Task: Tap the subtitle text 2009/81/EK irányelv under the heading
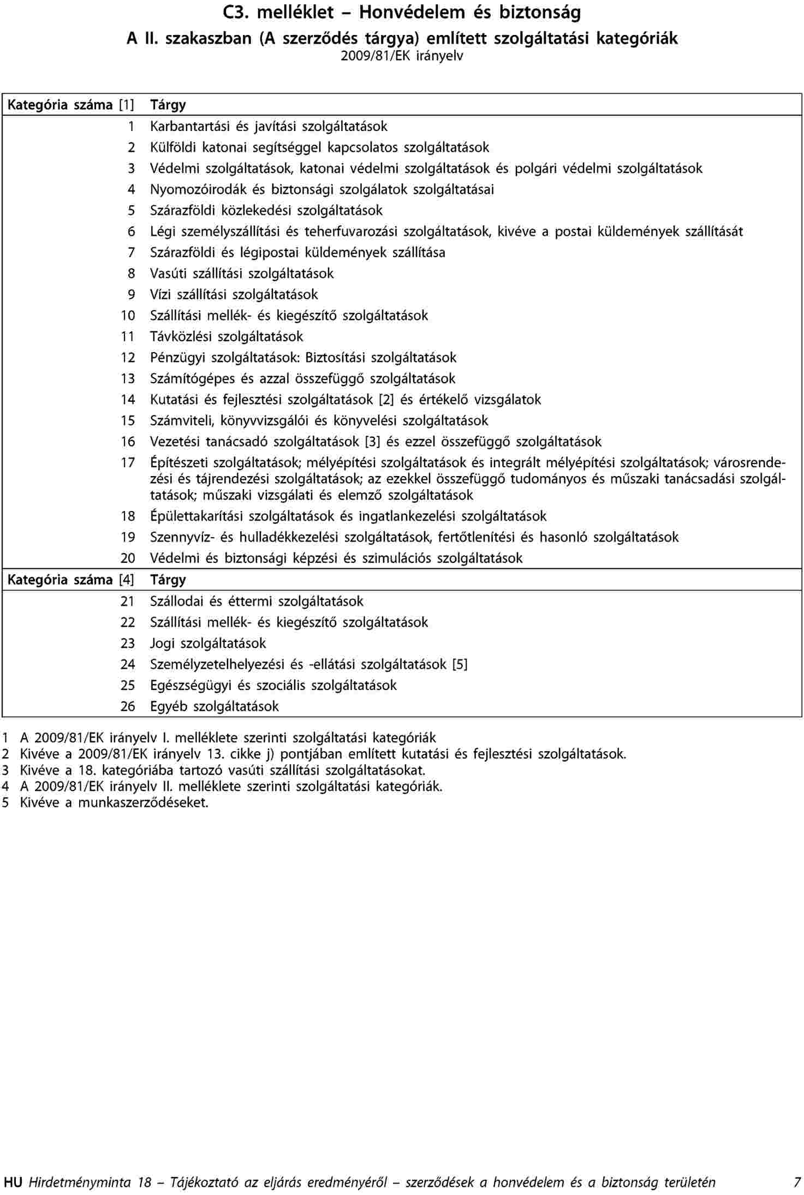pyautogui.click(x=402, y=56)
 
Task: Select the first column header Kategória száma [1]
pyautogui.click(x=70, y=105)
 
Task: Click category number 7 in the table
pyautogui.click(x=131, y=253)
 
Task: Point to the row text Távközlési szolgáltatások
pyautogui.click(x=227, y=337)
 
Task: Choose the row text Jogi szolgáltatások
pyautogui.click(x=208, y=644)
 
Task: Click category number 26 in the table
pyautogui.click(x=128, y=706)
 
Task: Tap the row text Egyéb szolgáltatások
pyautogui.click(x=215, y=706)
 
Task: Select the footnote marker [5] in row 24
pyautogui.click(x=460, y=664)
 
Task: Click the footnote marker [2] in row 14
pyautogui.click(x=386, y=400)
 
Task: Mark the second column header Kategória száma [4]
pyautogui.click(x=70, y=580)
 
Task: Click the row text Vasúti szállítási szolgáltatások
pyautogui.click(x=242, y=274)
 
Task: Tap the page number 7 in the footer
pyautogui.click(x=797, y=1182)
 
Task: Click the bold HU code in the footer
pyautogui.click(x=13, y=1182)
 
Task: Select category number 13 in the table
pyautogui.click(x=128, y=379)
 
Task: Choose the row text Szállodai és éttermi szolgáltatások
pyautogui.click(x=257, y=602)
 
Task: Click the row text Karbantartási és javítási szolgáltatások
pyautogui.click(x=269, y=127)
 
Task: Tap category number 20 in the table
pyautogui.click(x=128, y=558)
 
